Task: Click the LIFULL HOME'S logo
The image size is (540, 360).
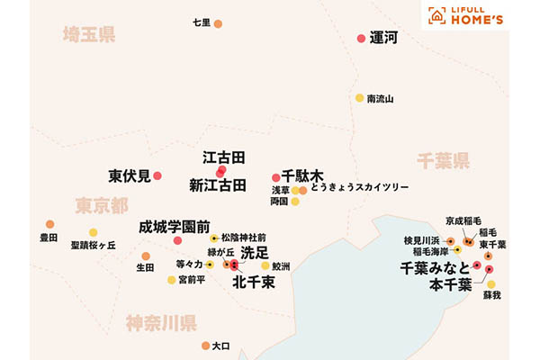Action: click(x=469, y=15)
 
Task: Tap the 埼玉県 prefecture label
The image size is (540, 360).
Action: click(x=88, y=35)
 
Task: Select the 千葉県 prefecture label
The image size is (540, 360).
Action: click(x=443, y=161)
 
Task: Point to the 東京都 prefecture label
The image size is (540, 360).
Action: click(x=101, y=205)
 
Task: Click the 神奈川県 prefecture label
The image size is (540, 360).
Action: click(x=161, y=322)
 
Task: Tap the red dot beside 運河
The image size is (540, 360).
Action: click(x=361, y=39)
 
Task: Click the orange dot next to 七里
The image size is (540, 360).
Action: click(x=218, y=23)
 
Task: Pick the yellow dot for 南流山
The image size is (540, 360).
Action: click(x=359, y=98)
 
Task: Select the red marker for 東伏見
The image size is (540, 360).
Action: click(x=157, y=175)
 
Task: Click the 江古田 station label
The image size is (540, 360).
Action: click(x=224, y=157)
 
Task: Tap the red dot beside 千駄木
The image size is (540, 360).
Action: click(x=276, y=177)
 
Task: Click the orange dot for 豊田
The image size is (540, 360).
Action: click(x=49, y=224)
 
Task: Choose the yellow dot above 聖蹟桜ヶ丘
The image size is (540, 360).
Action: click(x=93, y=232)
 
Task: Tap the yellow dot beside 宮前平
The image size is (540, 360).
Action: click(x=171, y=280)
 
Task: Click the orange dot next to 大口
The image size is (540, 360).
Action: click(x=205, y=346)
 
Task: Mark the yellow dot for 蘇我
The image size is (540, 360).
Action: click(x=490, y=284)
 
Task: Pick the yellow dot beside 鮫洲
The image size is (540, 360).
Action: click(x=265, y=265)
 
